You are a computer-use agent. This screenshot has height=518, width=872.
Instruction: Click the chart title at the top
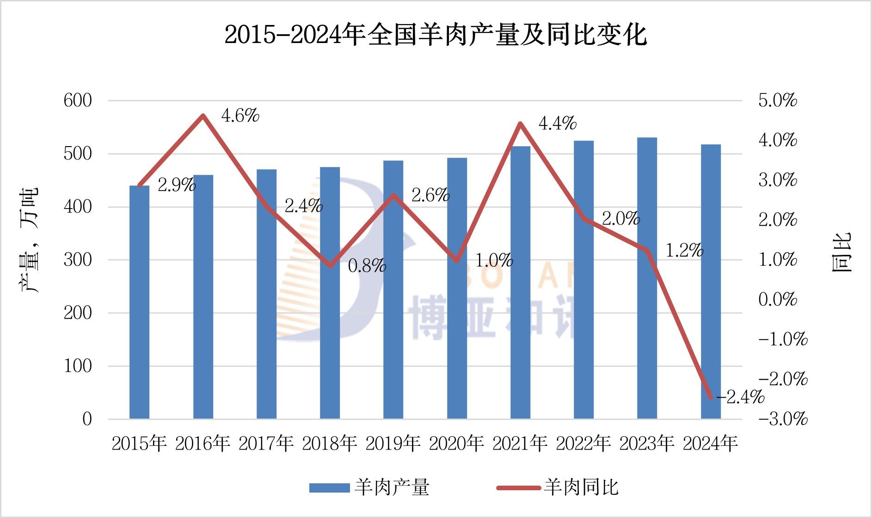click(x=436, y=35)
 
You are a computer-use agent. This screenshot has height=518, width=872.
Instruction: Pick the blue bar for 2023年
click(x=647, y=278)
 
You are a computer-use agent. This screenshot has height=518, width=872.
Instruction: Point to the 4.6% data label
click(x=240, y=116)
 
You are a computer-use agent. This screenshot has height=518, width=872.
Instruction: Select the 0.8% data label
click(x=367, y=266)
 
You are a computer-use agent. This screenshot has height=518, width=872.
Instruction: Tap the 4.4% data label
click(x=557, y=123)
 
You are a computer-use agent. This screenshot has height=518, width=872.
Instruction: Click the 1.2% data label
click(x=684, y=251)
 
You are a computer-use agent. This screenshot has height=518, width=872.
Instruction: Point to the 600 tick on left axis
click(x=78, y=100)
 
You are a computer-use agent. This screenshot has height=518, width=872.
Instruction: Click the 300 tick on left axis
click(x=78, y=260)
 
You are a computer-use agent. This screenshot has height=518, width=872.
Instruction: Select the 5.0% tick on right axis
click(x=778, y=100)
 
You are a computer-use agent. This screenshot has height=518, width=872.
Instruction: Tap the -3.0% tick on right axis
click(x=783, y=419)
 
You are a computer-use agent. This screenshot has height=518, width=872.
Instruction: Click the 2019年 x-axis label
click(x=393, y=444)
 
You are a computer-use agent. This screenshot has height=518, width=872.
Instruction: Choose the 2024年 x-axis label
click(x=710, y=444)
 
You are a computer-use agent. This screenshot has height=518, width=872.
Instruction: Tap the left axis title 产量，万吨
click(x=29, y=240)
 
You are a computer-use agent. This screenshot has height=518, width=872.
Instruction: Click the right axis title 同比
click(x=841, y=253)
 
